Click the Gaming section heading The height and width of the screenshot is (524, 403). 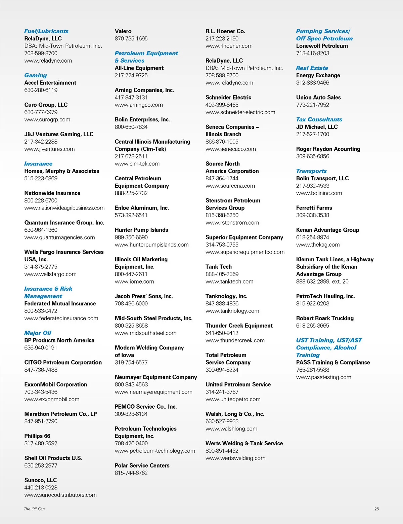coord(36,75)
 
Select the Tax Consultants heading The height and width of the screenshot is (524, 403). coord(319,119)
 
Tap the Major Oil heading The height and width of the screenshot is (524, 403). coord(38,333)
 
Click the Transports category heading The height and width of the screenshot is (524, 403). coord(311,171)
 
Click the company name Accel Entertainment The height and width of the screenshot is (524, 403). coord(50,83)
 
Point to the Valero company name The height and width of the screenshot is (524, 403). coord(123,31)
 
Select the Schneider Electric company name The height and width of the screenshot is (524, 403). coord(228,98)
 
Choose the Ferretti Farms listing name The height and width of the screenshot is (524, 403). coord(314,208)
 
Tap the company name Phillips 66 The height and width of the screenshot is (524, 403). coord(37,436)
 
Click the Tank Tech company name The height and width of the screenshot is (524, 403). coord(219,267)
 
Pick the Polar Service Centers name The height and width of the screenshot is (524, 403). coord(142,465)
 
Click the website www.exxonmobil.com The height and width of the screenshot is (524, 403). coord(52,399)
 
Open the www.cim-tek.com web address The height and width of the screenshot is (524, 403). coord(137,164)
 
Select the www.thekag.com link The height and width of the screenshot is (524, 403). coord(318,245)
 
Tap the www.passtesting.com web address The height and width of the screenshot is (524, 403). coord(324,377)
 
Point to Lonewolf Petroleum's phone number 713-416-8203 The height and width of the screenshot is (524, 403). coord(313,53)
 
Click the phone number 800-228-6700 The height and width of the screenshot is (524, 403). coord(41,200)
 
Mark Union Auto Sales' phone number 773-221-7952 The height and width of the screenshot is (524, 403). coord(313,105)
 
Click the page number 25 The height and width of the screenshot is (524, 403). coord(376,509)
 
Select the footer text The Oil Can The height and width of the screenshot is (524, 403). coord(34,509)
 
